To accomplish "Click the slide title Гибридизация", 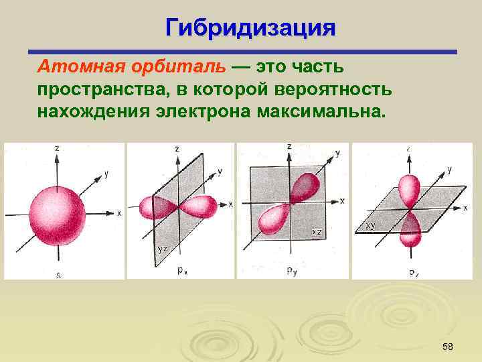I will (x=250, y=28).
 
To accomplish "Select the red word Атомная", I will (x=73, y=67).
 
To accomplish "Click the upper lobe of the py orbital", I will (x=304, y=186).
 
